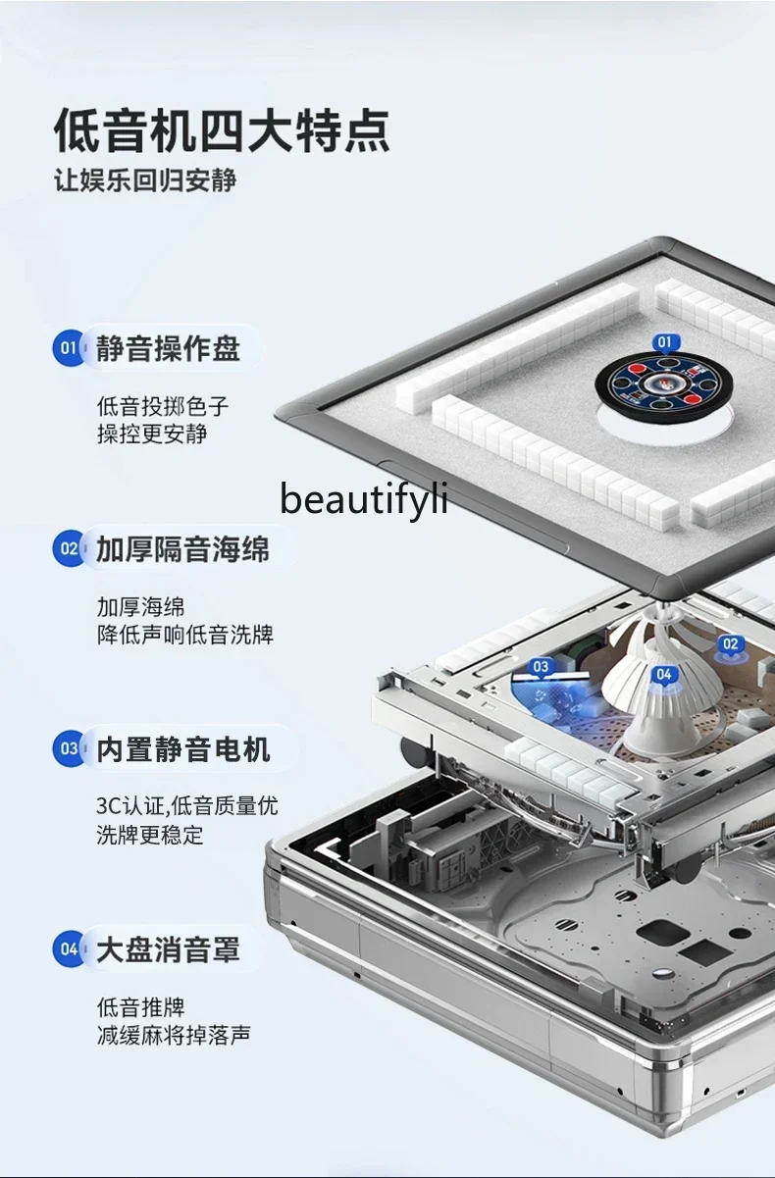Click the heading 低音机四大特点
pyautogui.click(x=222, y=130)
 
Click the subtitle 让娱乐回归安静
pyautogui.click(x=145, y=181)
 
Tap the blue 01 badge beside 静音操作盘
pyautogui.click(x=69, y=347)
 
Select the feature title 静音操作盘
pyautogui.click(x=168, y=348)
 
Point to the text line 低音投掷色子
pyautogui.click(x=163, y=406)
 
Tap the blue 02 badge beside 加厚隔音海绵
pyautogui.click(x=69, y=548)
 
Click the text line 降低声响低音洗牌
pyautogui.click(x=184, y=635)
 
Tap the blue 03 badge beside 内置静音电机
pyautogui.click(x=69, y=749)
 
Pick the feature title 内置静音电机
pyautogui.click(x=181, y=750)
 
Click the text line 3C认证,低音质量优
pyautogui.click(x=186, y=806)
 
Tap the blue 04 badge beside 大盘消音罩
pyautogui.click(x=69, y=948)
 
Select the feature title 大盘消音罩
pyautogui.click(x=168, y=949)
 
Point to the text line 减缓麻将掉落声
pyautogui.click(x=173, y=1035)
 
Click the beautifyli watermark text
pyautogui.click(x=364, y=498)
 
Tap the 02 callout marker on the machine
pyautogui.click(x=730, y=644)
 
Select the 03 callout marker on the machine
pyautogui.click(x=542, y=667)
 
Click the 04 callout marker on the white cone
pyautogui.click(x=664, y=674)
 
